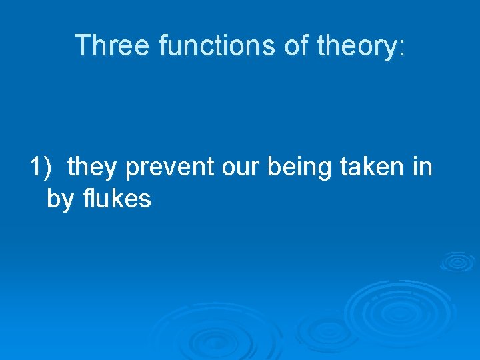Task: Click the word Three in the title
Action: click(x=113, y=45)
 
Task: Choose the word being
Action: click(x=300, y=167)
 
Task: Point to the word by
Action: click(x=59, y=199)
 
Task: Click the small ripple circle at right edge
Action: click(x=457, y=261)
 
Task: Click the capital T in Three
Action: click(x=82, y=45)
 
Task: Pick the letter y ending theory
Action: click(x=389, y=48)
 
